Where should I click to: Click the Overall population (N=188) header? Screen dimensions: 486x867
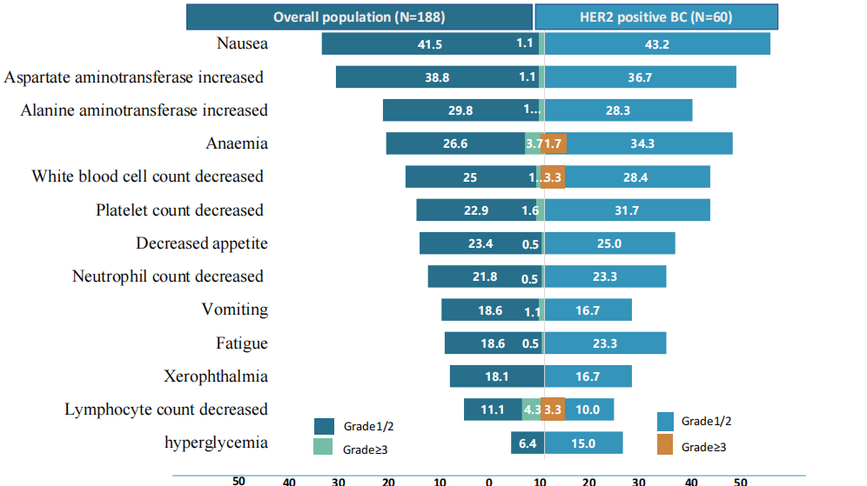360,17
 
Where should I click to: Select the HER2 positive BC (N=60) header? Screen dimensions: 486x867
643,17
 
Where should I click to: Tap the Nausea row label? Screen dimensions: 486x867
242,43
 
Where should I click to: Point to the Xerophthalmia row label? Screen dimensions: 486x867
216,376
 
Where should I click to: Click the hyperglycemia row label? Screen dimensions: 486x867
216,443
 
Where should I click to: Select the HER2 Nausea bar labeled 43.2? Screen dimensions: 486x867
657,43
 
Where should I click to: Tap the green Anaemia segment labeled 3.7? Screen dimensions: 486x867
534,143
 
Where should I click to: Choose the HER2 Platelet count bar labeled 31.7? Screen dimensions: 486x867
627,210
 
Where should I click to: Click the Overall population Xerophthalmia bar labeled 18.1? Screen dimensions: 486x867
497,376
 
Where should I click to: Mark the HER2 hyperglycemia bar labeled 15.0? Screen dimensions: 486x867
583,443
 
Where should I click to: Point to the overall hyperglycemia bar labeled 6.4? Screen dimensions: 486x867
528,443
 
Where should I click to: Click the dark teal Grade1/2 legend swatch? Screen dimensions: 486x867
324,426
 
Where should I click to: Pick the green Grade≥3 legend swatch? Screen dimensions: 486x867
324,447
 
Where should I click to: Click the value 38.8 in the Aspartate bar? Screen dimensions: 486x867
437,77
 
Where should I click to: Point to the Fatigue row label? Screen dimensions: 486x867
242,343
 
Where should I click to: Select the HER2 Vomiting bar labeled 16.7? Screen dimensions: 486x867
588,310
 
